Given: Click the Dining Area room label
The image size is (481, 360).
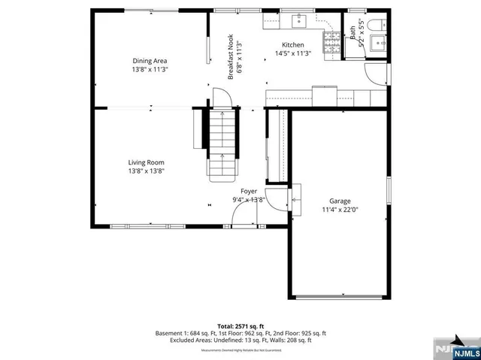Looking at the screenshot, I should click(x=150, y=61).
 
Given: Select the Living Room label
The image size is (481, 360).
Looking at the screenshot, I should click(x=146, y=162).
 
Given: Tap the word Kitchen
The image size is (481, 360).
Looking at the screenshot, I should click(x=293, y=45).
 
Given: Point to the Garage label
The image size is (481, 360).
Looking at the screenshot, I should click(x=340, y=201).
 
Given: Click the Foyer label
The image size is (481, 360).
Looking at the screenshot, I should click(x=248, y=192).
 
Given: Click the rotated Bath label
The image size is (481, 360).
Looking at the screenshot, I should click(x=352, y=33).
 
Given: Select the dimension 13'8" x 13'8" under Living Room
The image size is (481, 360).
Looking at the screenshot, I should click(x=146, y=171).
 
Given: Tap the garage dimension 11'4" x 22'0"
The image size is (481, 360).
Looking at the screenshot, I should click(x=340, y=210).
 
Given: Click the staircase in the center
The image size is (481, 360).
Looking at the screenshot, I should click(x=222, y=143).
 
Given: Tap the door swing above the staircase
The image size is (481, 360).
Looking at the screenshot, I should click(x=219, y=98).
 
